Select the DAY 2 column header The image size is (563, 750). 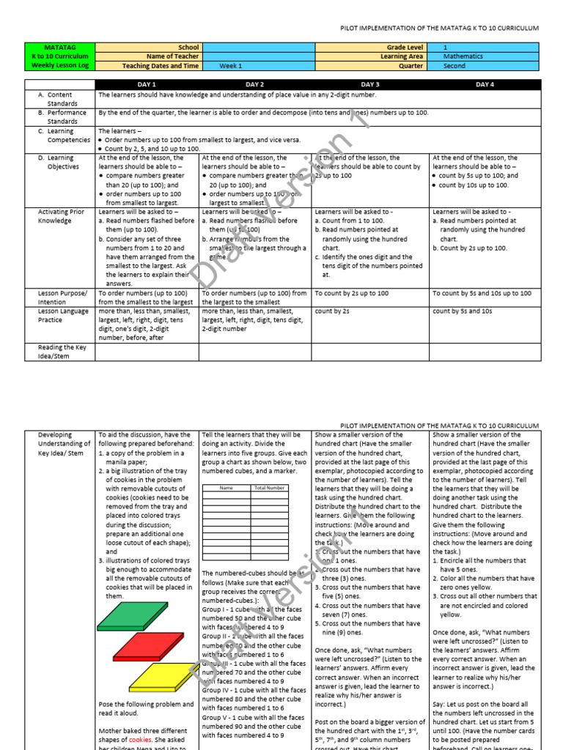tap(255, 84)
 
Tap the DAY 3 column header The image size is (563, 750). tap(370, 84)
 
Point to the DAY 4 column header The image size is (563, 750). tap(485, 84)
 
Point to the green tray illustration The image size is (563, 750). tap(133, 617)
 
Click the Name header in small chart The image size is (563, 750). tap(227, 488)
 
